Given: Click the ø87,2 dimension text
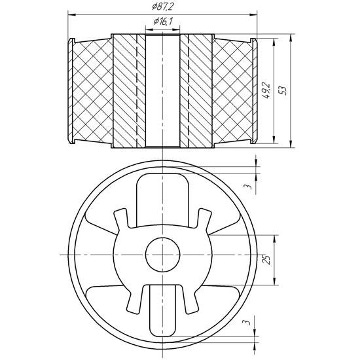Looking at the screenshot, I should [161, 6].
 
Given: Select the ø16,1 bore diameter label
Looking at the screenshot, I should [161, 22].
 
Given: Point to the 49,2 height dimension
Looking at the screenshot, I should [266, 90].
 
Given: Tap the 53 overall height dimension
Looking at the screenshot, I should [282, 90].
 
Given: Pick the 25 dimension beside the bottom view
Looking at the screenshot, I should [266, 261].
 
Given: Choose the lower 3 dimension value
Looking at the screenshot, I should [247, 323].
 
